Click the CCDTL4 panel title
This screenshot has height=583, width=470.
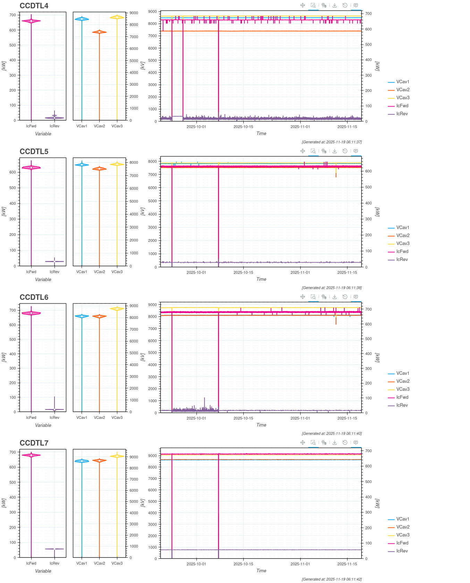[34, 6]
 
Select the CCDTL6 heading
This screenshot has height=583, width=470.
[34, 297]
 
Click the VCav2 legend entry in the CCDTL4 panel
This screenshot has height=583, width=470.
[403, 90]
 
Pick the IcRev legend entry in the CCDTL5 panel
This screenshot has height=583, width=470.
[402, 260]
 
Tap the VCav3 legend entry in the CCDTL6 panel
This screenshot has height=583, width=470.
[403, 389]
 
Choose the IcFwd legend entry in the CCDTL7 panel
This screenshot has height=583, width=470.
[402, 543]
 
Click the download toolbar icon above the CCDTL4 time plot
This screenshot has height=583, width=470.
[335, 5]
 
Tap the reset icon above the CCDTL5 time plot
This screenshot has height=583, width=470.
[345, 151]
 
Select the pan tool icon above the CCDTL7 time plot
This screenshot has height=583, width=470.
[303, 442]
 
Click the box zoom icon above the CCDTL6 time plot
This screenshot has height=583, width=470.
[313, 297]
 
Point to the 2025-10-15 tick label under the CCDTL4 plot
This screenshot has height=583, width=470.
[243, 127]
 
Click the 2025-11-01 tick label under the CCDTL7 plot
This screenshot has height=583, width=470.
[300, 564]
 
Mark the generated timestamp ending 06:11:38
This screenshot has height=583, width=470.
[332, 288]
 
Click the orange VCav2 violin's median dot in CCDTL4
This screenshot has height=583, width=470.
[99, 32]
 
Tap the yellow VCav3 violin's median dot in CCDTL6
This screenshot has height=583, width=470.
[117, 309]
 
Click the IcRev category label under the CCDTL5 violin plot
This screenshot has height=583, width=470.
[54, 272]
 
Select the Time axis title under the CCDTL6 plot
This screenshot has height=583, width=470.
[261, 425]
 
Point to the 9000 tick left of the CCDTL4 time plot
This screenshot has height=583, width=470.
[152, 11]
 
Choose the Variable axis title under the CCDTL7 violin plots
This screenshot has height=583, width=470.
[43, 571]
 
